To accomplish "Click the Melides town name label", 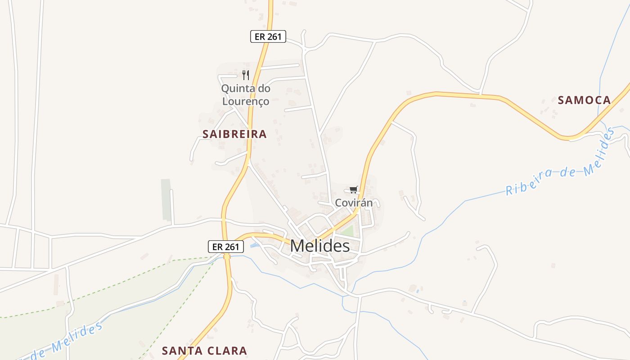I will point(319,246).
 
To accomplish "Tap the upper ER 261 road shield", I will point(268,36).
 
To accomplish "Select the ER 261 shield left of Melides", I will point(225,247).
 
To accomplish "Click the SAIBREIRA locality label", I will point(234,134).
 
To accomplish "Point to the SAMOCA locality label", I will point(584,100).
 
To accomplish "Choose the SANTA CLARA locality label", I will point(204,351).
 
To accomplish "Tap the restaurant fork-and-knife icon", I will point(245,75).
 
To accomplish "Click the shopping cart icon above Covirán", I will point(353,190).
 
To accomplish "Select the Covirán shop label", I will point(354,203).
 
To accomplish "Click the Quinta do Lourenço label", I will point(245,95).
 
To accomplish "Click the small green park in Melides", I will point(348,230).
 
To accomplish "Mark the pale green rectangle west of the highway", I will point(166,200).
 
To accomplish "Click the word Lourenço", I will point(245,102).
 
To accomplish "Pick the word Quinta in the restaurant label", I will point(234,88).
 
